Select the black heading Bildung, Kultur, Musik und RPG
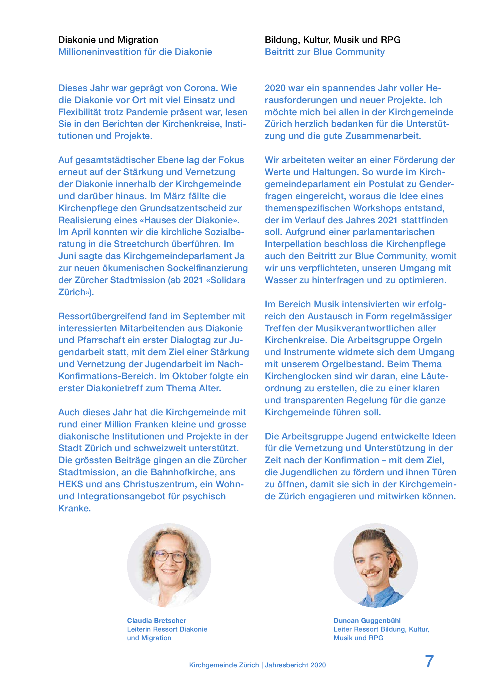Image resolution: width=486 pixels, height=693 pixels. [x=332, y=40]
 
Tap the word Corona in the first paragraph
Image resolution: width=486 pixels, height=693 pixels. [x=201, y=88]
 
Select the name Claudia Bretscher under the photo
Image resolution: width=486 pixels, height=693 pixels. [x=156, y=620]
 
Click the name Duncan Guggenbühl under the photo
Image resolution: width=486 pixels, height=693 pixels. [x=367, y=620]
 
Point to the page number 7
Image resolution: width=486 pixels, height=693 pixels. [x=429, y=661]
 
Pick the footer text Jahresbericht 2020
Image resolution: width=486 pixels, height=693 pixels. [x=295, y=665]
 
